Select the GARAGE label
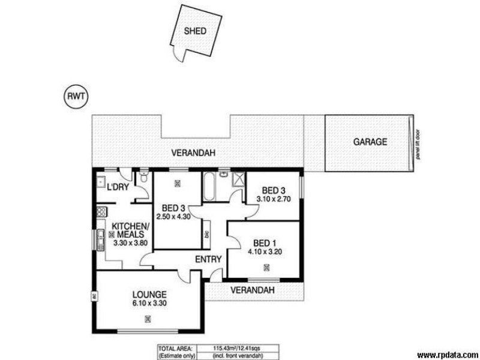(370, 142)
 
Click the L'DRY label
(118, 188)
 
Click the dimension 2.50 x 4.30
(173, 217)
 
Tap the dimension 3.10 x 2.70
(274, 199)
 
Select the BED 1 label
(264, 242)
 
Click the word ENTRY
(208, 259)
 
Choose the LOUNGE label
(149, 295)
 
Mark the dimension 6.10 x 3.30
(149, 304)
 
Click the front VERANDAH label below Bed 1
(254, 290)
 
